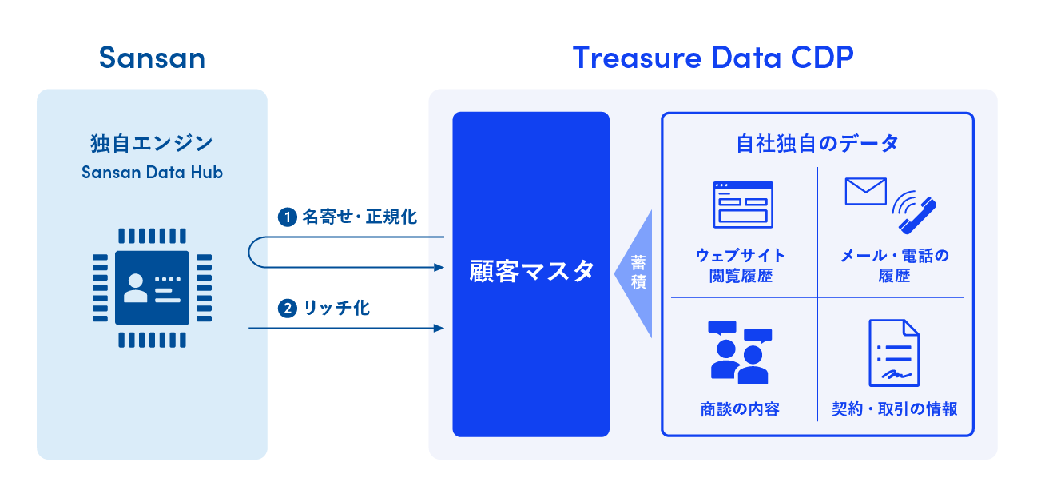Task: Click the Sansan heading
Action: (152, 58)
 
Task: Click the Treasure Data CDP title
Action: (713, 58)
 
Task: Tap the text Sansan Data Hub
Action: (152, 172)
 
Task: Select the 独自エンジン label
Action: (152, 144)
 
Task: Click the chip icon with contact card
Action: (152, 289)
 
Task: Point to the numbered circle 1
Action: (287, 217)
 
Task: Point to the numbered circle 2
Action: (287, 308)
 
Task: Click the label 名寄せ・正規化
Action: (360, 217)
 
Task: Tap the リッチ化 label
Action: (336, 308)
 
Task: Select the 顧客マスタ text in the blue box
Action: (531, 271)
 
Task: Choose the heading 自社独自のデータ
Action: (817, 144)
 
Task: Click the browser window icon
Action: (742, 205)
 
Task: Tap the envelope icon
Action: (865, 191)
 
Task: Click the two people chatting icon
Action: (740, 352)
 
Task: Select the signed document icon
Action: (893, 353)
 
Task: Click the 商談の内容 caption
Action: (740, 409)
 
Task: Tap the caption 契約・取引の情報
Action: (894, 409)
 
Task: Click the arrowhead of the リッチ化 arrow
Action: (439, 328)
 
